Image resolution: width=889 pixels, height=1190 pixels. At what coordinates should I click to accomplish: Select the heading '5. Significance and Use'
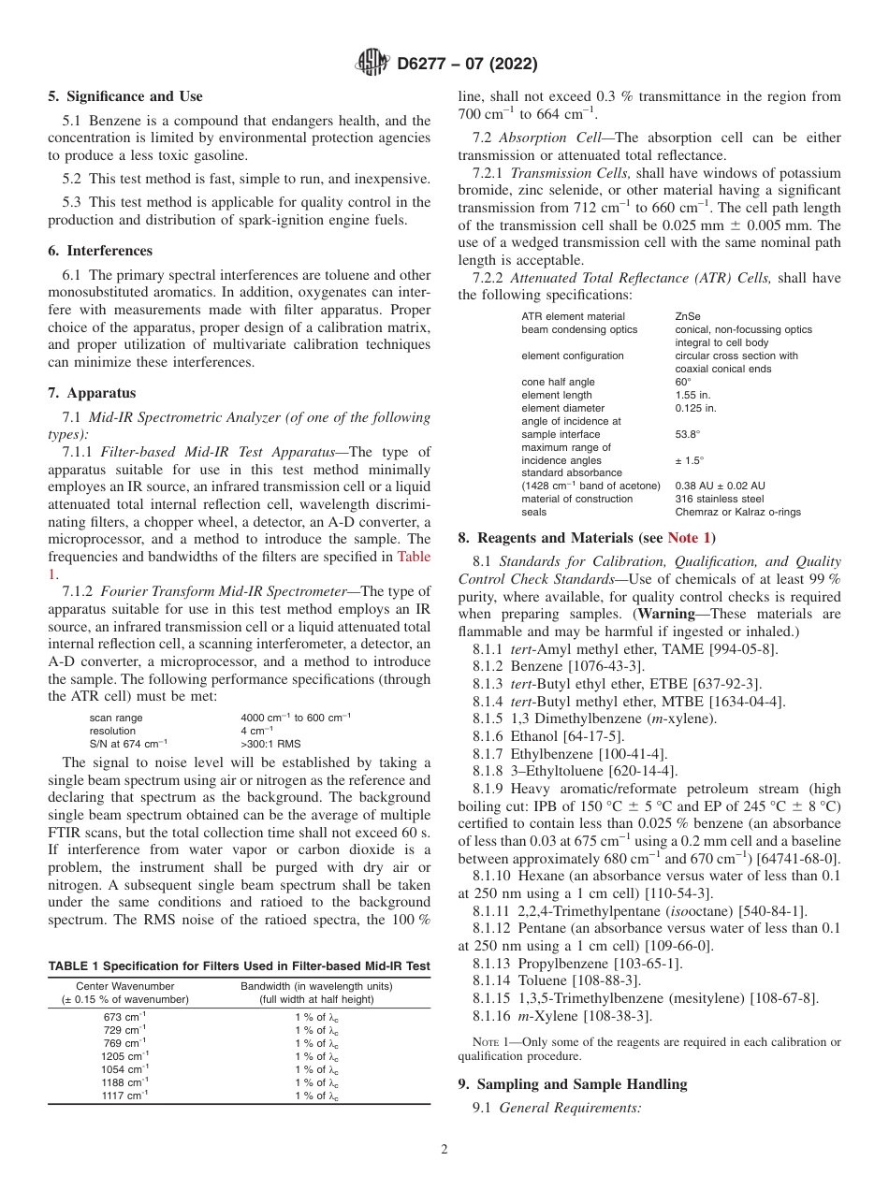point(125,96)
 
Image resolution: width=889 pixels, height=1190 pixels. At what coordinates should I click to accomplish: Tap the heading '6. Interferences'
point(100,251)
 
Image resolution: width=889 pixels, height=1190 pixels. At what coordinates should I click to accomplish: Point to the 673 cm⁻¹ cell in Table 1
point(124,1017)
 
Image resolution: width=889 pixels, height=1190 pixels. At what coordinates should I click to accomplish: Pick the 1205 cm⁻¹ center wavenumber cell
point(124,1056)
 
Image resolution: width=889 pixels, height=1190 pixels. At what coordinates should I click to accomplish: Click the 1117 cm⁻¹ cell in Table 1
point(124,1096)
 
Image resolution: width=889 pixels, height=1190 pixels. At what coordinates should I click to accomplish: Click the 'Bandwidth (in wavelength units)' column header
point(316,986)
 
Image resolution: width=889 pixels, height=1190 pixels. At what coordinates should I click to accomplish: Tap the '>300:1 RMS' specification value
point(270,744)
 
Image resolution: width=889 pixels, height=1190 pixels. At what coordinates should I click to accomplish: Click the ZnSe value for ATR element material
point(687,316)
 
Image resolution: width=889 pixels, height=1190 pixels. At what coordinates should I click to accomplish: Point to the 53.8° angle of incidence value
point(688,434)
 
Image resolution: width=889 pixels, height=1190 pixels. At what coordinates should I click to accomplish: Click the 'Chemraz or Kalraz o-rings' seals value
point(737,512)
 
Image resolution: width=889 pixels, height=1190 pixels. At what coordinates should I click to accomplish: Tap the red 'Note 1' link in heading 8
point(689,538)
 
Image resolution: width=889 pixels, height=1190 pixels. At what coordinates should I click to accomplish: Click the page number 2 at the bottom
point(444,1150)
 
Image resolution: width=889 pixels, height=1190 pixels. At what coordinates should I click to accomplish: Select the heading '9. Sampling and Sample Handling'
point(573,1084)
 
